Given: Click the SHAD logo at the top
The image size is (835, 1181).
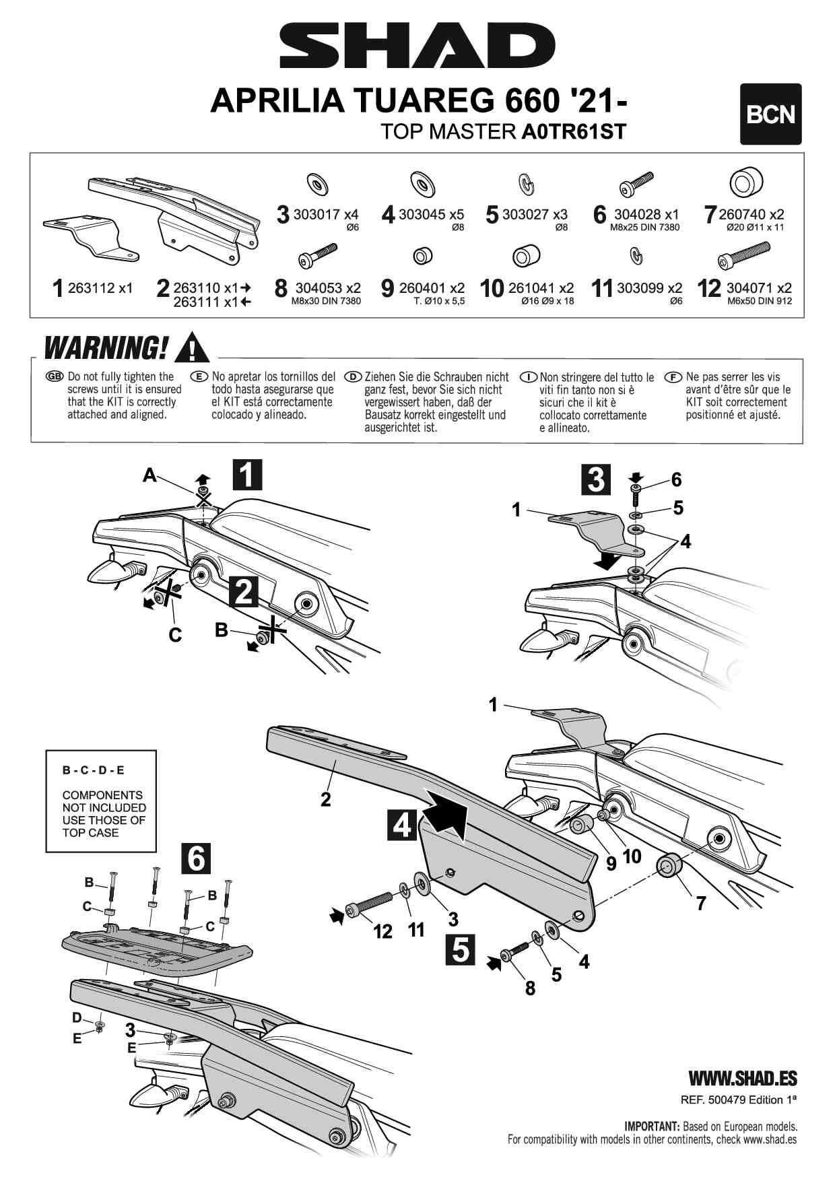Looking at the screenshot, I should pyautogui.click(x=417, y=46).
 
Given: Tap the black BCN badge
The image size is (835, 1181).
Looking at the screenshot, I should pyautogui.click(x=770, y=114).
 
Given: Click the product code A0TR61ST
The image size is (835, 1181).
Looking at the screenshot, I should pyautogui.click(x=574, y=131).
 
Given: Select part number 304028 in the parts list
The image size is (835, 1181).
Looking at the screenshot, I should pyautogui.click(x=637, y=215).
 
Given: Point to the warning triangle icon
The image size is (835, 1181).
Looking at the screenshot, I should pyautogui.click(x=192, y=347).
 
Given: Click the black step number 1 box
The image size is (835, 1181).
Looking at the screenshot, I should pyautogui.click(x=247, y=474).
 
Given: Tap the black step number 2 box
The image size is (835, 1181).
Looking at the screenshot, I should pyautogui.click(x=244, y=592).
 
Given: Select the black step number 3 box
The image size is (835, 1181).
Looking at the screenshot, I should pyautogui.click(x=596, y=480).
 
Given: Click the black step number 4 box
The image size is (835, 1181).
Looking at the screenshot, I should pyautogui.click(x=402, y=824).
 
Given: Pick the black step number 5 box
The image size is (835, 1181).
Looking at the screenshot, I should pyautogui.click(x=461, y=950).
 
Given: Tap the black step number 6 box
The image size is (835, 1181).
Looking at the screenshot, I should pyautogui.click(x=196, y=858).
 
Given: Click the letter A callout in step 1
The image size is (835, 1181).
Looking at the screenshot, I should pyautogui.click(x=149, y=476).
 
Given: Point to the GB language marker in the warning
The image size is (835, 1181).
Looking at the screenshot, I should pyautogui.click(x=54, y=376).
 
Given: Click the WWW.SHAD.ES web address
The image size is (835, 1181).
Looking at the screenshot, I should pyautogui.click(x=742, y=1079).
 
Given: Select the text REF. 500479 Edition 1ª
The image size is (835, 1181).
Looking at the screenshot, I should pyautogui.click(x=739, y=1100).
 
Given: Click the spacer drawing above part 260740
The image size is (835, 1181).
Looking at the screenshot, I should pyautogui.click(x=745, y=182).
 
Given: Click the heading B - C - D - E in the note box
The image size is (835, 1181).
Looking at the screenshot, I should pyautogui.click(x=93, y=770).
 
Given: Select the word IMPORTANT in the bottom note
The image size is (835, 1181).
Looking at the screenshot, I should pyautogui.click(x=652, y=1126).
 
